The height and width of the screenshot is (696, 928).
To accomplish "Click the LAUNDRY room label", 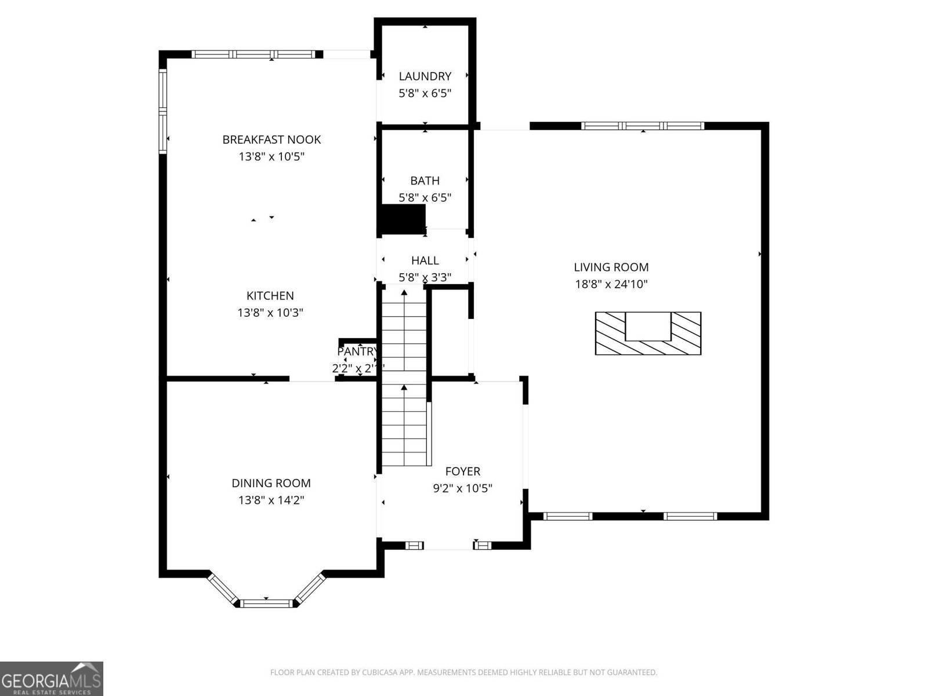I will click(x=425, y=76).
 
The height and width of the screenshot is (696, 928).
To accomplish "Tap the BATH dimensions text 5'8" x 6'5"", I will click(x=425, y=198).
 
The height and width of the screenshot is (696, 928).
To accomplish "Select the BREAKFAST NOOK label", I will click(x=271, y=140).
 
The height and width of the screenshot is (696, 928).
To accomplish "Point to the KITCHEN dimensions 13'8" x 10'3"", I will click(x=270, y=313).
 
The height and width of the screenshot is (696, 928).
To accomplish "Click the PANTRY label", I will click(x=357, y=351).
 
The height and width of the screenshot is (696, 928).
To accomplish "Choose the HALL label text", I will click(x=425, y=260).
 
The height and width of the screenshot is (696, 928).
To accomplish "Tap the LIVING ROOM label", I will click(x=611, y=267).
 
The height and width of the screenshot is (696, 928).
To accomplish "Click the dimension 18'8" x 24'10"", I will click(x=611, y=284).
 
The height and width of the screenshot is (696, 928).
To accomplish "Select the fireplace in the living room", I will click(x=648, y=333).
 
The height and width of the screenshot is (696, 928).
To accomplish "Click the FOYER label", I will click(x=462, y=472).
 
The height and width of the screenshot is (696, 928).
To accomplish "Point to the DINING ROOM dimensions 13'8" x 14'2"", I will click(x=271, y=500).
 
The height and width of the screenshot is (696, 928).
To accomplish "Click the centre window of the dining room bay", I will click(x=266, y=604).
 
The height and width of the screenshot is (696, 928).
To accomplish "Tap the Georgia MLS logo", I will click(x=51, y=678).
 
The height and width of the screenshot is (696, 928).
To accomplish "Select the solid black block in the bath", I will click(x=402, y=219).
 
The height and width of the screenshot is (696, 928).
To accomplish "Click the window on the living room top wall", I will click(x=643, y=125).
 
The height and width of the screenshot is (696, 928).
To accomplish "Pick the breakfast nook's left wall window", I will click(x=163, y=111).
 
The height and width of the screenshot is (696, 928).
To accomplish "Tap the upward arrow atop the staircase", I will click(x=404, y=293).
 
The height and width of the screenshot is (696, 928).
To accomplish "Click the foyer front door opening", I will click(x=448, y=546).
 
